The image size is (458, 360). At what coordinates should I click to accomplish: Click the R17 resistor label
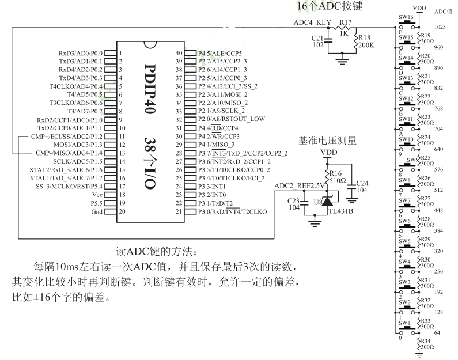tap(346, 22)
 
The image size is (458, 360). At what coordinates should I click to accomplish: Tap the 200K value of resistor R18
tap(366, 44)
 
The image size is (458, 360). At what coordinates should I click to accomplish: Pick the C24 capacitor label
tap(361, 183)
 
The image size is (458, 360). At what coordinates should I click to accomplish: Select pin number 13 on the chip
tap(123, 153)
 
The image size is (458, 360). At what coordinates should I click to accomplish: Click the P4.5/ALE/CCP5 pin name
tap(219, 52)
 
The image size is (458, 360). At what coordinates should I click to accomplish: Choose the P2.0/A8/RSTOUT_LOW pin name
tap(232, 119)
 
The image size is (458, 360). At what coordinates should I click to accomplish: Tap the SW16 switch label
tap(407, 17)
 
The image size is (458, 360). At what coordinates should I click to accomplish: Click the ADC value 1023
tap(440, 26)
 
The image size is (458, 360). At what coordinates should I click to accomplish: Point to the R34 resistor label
tap(426, 342)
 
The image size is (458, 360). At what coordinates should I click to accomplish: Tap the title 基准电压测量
tap(327, 140)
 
